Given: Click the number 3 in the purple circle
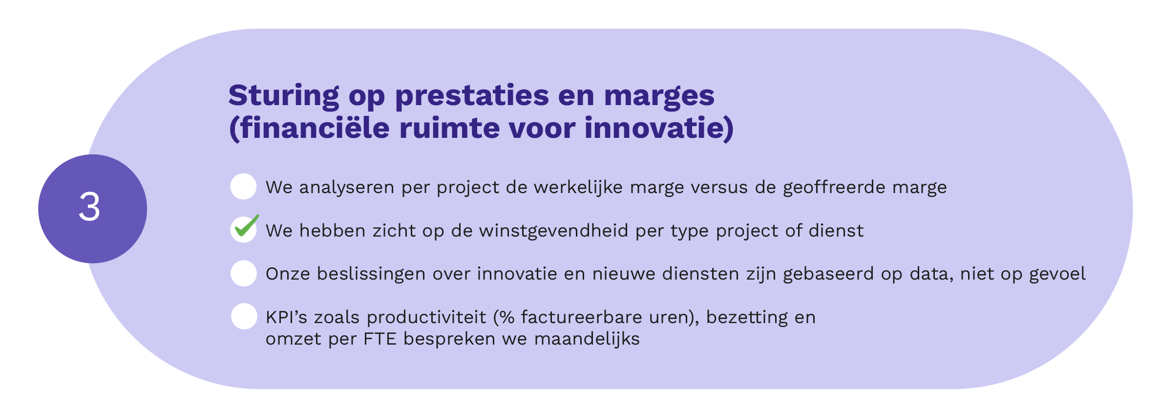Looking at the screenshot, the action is [90, 207].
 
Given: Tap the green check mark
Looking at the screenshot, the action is [246, 226].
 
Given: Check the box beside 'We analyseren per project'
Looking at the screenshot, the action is [243, 186].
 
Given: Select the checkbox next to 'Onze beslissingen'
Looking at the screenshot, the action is [243, 273].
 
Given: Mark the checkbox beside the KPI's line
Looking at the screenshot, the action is [244, 316].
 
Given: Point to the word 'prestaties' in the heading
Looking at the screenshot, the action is [472, 96].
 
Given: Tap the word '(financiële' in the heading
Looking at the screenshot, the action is [309, 129].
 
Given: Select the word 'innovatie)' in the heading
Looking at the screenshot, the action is [659, 129].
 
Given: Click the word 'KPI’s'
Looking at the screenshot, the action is [286, 317].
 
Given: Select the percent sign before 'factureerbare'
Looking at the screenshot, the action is [507, 317].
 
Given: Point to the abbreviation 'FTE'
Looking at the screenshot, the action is [380, 339].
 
